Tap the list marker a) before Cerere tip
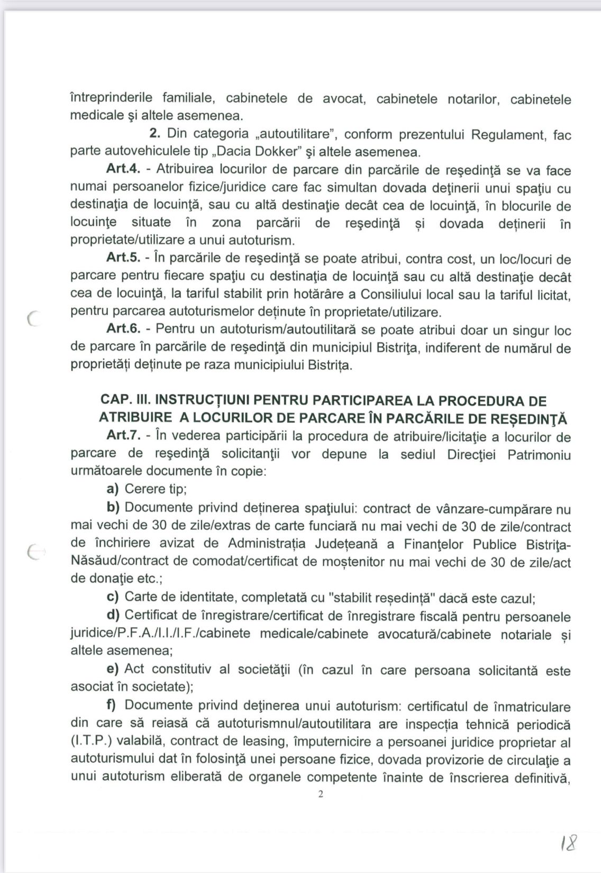pos(112,489)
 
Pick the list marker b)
pos(113,508)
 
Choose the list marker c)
pos(112,598)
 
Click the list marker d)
pos(113,616)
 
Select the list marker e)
pos(112,669)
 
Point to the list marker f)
pos(112,705)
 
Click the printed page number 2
pos(320,794)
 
